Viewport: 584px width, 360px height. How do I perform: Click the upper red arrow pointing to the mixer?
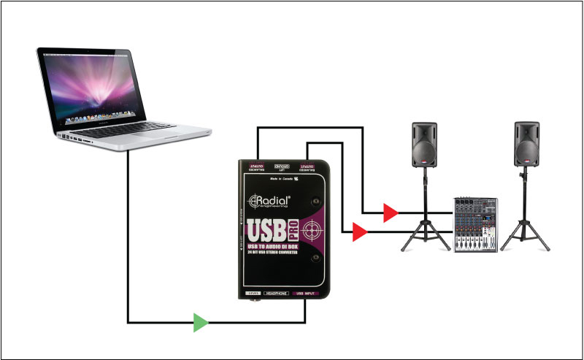(x=391, y=213)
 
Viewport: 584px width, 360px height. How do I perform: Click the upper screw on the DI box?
(x=316, y=200)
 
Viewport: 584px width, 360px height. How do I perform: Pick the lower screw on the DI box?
(x=316, y=258)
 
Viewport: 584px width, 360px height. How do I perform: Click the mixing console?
(x=475, y=223)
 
